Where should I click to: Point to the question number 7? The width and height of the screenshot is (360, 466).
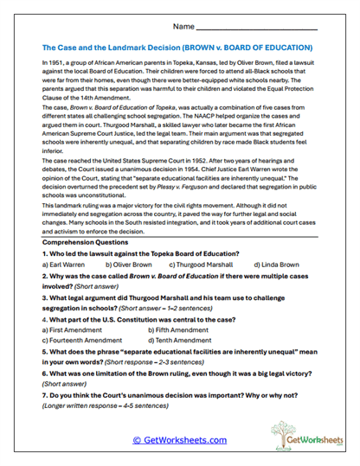click(45, 395)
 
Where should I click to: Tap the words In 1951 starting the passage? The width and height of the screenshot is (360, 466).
click(53, 63)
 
